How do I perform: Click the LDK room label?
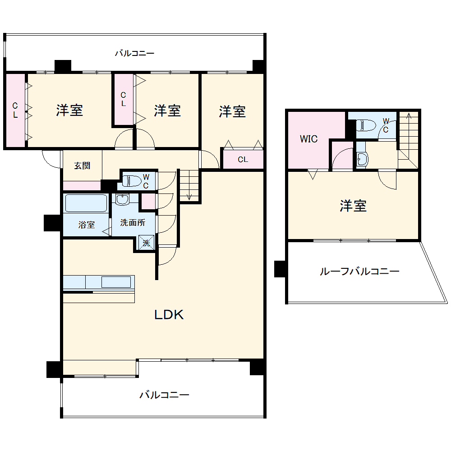pos(169,315)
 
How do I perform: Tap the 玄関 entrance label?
pos(82,166)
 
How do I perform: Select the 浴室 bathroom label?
pos(87,225)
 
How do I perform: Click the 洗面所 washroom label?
pos(132,222)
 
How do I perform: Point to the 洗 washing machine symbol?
pos(146,242)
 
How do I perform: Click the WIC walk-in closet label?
pos(309,139)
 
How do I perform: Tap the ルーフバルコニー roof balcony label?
pos(359,272)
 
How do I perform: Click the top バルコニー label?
pos(134,53)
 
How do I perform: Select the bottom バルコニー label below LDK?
pos(164,395)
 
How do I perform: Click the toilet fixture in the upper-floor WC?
pos(366,125)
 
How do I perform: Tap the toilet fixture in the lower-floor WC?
pos(131,181)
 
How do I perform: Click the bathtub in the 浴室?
pos(86,203)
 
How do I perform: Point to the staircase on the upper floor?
pos(409,135)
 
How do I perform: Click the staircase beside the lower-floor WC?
pos(189,185)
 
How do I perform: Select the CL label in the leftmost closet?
pos(15,110)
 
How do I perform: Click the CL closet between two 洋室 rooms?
pos(123,99)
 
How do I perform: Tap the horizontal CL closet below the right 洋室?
pos(243,159)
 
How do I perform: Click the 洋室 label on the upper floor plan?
pos(353,206)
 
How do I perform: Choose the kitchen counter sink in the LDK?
pos(116,282)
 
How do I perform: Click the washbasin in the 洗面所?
pos(121,199)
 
